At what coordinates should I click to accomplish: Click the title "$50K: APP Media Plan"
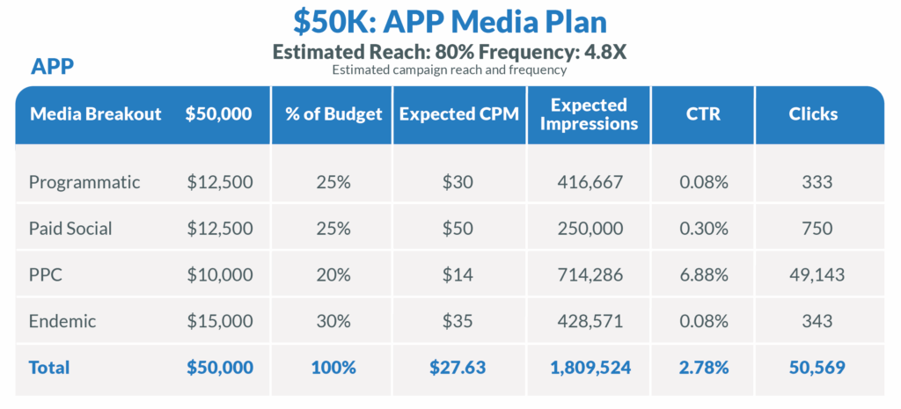pyautogui.click(x=450, y=20)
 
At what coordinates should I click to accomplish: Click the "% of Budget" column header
pyautogui.click(x=333, y=114)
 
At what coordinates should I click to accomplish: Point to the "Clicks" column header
pyautogui.click(x=813, y=114)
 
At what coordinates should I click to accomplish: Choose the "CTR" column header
pyautogui.click(x=703, y=114)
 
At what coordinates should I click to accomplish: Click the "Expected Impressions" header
pyautogui.click(x=589, y=114)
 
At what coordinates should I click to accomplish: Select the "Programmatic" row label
pyautogui.click(x=84, y=183)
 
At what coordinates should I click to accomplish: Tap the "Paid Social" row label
pyautogui.click(x=70, y=229)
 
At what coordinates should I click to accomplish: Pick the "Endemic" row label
pyautogui.click(x=62, y=321)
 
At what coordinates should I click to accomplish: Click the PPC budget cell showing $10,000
pyautogui.click(x=220, y=275)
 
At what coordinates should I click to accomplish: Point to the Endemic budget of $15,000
pyautogui.click(x=220, y=321)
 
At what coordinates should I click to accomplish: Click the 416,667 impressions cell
pyautogui.click(x=590, y=183)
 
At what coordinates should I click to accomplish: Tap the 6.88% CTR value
pyautogui.click(x=704, y=275)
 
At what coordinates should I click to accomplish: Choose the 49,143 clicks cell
pyautogui.click(x=817, y=275)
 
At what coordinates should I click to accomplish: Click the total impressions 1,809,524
pyautogui.click(x=590, y=368)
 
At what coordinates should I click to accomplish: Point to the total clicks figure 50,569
pyautogui.click(x=817, y=368)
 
